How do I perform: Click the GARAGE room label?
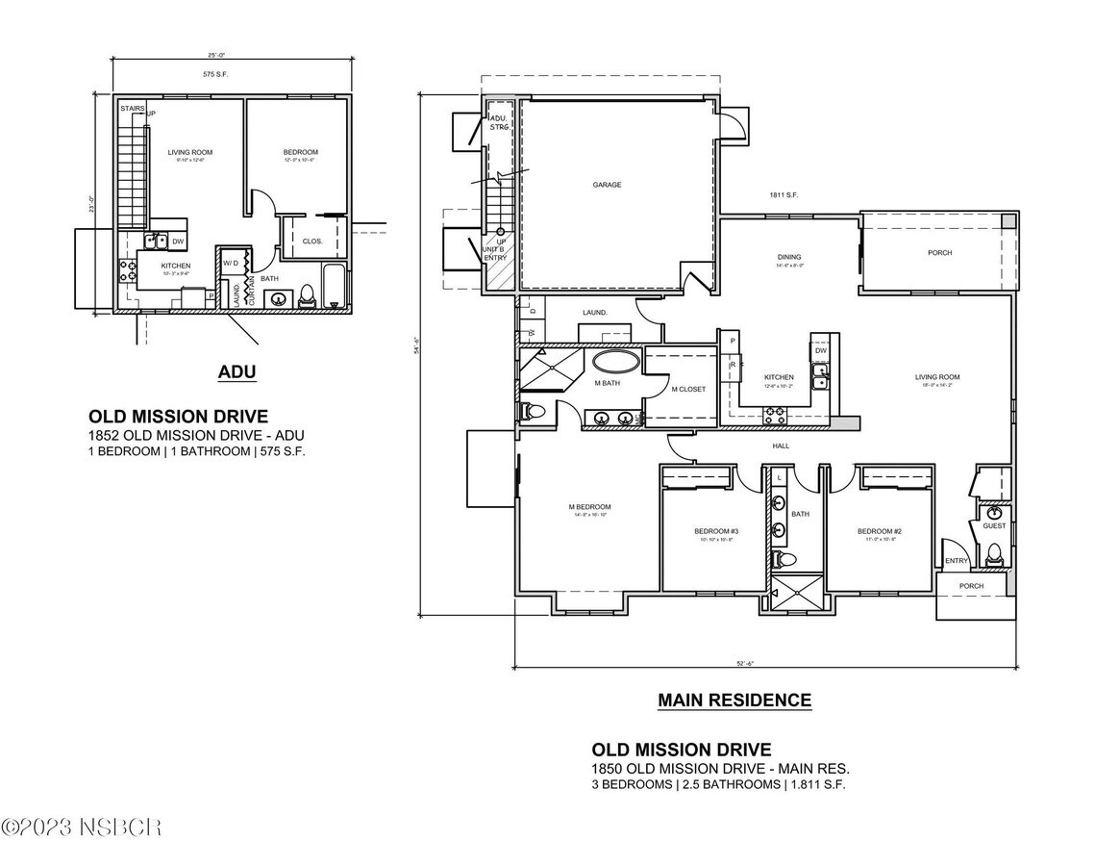[x=607, y=185]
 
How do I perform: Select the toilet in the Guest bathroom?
[x=995, y=554]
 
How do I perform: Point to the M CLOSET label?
[x=688, y=389]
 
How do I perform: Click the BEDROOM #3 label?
[x=716, y=531]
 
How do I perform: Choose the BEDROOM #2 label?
[x=879, y=531]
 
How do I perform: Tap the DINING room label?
[x=789, y=257]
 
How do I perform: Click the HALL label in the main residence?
[x=781, y=446]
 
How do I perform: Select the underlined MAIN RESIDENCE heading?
[x=734, y=700]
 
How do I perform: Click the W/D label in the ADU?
[x=231, y=262]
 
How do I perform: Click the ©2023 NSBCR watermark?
[x=81, y=827]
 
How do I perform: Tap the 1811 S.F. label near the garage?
[x=784, y=195]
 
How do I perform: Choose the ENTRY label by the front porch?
[x=956, y=561]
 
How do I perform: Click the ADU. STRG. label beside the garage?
[x=499, y=122]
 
